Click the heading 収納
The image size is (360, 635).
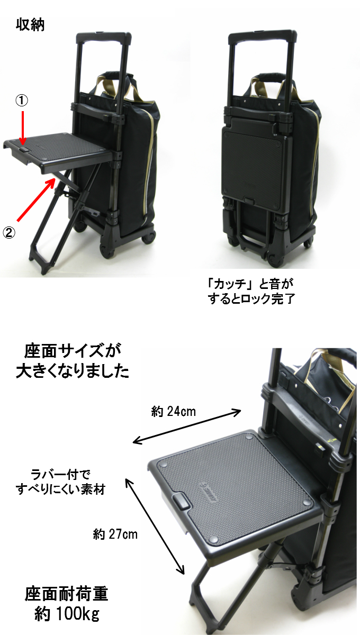tap(31, 25)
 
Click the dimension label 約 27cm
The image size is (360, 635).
tap(115, 534)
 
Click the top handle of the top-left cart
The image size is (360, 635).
tap(103, 38)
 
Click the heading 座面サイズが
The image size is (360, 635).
tap(73, 350)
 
